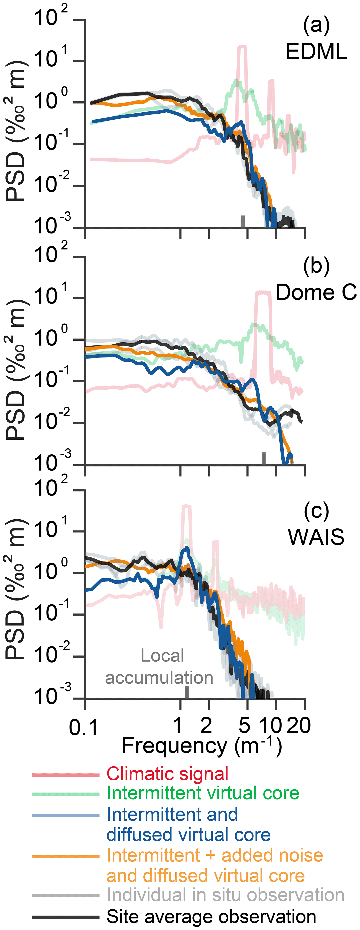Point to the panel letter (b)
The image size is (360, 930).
click(x=316, y=266)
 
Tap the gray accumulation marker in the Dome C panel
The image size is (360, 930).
click(x=264, y=459)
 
